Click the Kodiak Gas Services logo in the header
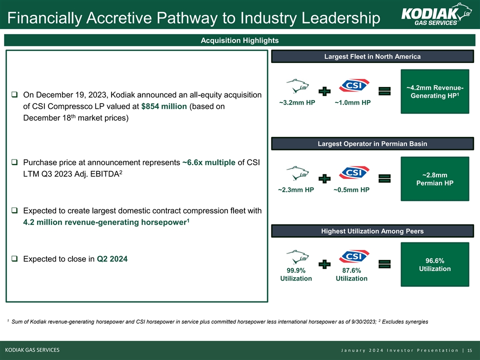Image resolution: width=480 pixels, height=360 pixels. pyautogui.click(x=436, y=14)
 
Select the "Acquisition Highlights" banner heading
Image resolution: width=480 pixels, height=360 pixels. pyautogui.click(x=240, y=40)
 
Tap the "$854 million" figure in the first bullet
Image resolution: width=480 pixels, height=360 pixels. pyautogui.click(x=164, y=106)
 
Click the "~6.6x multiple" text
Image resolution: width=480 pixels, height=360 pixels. pyautogui.click(x=209, y=162)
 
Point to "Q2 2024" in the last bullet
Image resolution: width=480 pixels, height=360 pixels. pyautogui.click(x=112, y=259)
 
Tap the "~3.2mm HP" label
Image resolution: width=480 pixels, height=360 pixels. pyautogui.click(x=296, y=103)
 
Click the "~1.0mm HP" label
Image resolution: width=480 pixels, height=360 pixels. pyautogui.click(x=352, y=103)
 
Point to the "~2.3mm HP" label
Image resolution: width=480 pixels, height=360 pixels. pyautogui.click(x=296, y=190)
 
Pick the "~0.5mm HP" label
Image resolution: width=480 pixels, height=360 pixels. pyautogui.click(x=351, y=190)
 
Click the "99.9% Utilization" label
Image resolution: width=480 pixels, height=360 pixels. pyautogui.click(x=296, y=274)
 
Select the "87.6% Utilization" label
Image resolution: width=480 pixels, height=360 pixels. pyautogui.click(x=351, y=274)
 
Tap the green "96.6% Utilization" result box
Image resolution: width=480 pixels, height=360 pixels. pyautogui.click(x=437, y=264)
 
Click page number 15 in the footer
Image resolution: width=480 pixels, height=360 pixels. pyautogui.click(x=469, y=349)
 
